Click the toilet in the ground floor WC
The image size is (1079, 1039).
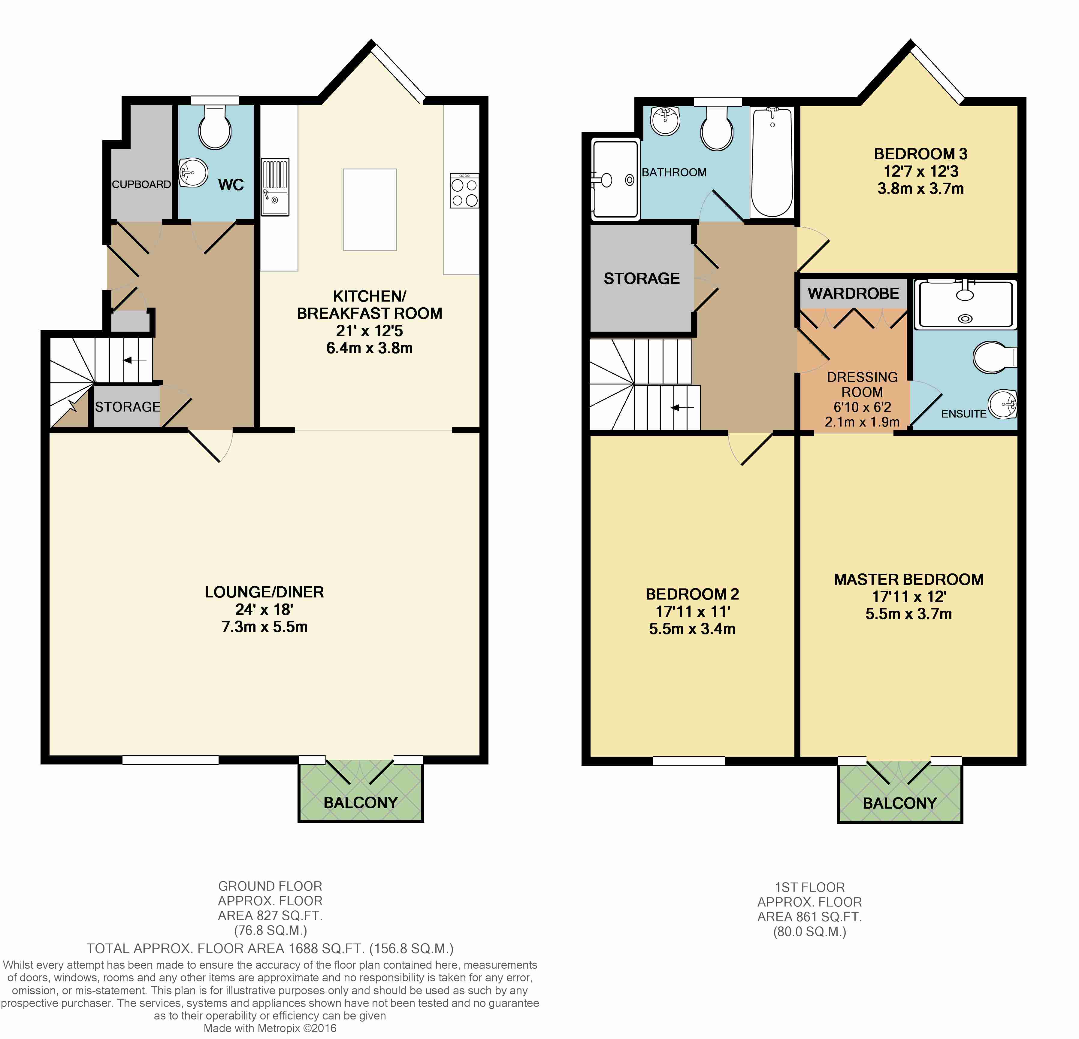coord(215,128)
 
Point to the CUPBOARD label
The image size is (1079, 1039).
coord(141,184)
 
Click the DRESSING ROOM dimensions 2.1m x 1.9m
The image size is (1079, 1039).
coord(862,422)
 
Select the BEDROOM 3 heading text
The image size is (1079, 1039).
coord(920,154)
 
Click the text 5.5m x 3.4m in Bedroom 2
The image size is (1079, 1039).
coord(692,629)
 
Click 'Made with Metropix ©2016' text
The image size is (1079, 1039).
coord(270,1028)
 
